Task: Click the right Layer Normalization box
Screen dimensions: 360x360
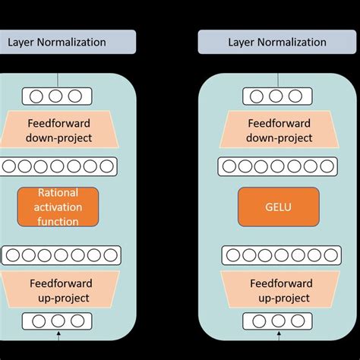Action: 278,42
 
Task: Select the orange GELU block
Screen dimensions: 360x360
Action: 279,207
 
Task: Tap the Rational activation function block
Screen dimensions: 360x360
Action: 58,207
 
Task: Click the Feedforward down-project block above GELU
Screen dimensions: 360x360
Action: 279,131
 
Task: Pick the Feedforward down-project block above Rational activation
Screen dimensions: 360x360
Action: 58,131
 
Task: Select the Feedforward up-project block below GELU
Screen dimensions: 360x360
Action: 279,290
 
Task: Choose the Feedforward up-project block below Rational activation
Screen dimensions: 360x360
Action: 58,290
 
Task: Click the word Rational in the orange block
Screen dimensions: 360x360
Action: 58,193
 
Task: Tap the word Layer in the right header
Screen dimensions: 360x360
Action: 242,42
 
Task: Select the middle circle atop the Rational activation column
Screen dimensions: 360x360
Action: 58,96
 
